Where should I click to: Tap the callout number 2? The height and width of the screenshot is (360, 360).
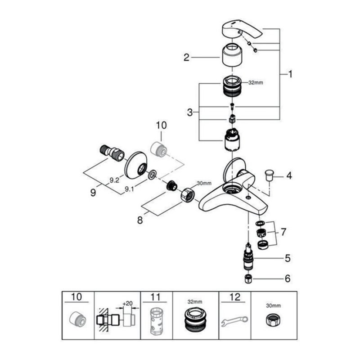(x=186, y=57)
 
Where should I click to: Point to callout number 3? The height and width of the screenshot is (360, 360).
(x=190, y=112)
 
